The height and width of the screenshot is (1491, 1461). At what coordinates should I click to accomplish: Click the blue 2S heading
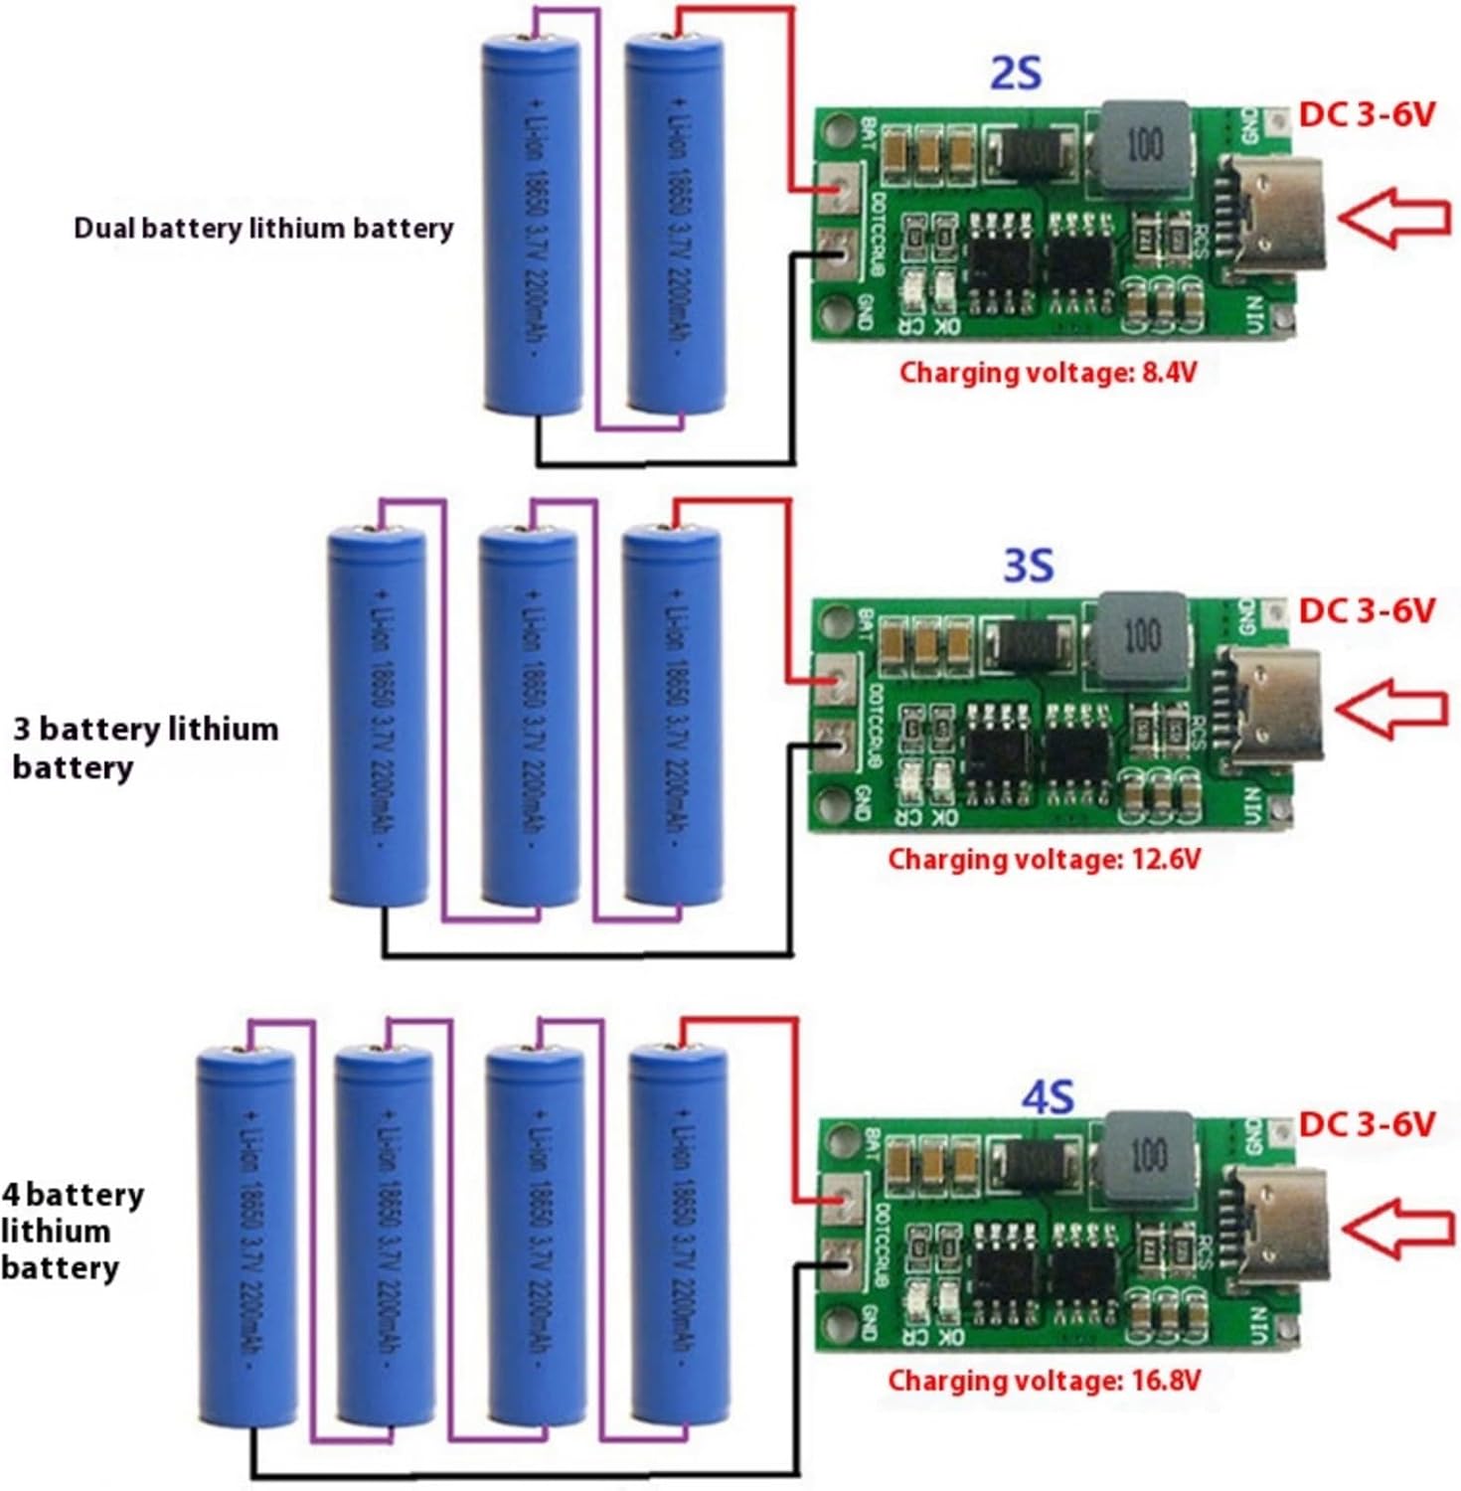[x=1016, y=74]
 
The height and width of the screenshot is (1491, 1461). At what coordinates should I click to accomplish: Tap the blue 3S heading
[x=1027, y=566]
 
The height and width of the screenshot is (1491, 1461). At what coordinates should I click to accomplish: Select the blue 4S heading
[x=1048, y=1096]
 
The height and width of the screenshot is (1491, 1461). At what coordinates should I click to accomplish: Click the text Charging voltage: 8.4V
[x=1048, y=373]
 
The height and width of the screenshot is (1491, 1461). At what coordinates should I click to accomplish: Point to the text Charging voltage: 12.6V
[x=1044, y=859]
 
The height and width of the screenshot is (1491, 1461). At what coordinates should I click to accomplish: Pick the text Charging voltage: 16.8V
[x=1044, y=1380]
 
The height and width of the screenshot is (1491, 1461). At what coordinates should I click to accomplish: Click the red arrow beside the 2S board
[x=1394, y=217]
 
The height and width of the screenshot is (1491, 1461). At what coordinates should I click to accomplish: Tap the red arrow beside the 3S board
[x=1391, y=709]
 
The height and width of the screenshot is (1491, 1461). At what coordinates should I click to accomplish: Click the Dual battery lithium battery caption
[x=263, y=229]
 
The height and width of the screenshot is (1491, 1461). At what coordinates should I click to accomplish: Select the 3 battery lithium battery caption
[x=144, y=747]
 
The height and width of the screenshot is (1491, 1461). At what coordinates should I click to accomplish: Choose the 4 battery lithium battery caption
[x=72, y=1231]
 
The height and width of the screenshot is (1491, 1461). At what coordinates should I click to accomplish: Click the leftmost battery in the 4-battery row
[x=245, y=1238]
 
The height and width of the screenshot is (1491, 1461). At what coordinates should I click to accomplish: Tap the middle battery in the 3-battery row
[x=528, y=716]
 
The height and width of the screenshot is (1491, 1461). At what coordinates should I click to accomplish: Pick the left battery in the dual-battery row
[x=532, y=224]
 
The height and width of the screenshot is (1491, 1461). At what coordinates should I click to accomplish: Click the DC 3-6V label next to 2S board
[x=1367, y=114]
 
